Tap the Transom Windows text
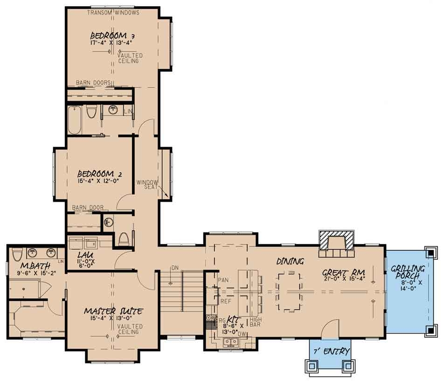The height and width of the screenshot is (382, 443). (113, 13)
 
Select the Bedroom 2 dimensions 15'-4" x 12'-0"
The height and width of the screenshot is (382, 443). (102, 181)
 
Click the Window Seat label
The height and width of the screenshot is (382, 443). (147, 184)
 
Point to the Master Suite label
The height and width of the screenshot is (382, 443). (113, 311)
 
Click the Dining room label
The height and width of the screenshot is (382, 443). (290, 261)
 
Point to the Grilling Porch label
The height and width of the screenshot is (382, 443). (408, 272)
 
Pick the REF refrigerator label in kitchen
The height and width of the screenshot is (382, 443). (226, 301)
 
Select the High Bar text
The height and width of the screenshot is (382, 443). (256, 322)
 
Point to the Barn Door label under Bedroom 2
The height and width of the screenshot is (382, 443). (88, 208)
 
